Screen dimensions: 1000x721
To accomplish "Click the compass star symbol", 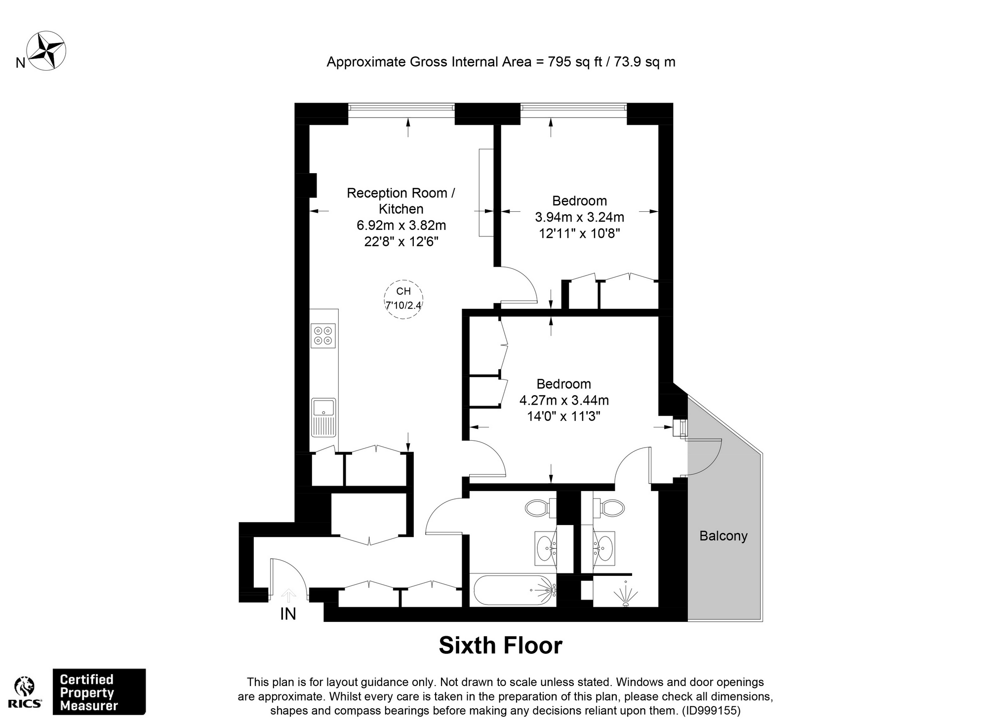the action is click(46, 51).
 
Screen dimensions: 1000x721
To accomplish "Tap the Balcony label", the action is click(723, 536).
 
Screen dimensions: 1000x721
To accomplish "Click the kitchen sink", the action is click(324, 417).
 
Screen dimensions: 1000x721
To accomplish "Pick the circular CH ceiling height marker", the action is click(403, 299).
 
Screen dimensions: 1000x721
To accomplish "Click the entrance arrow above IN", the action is click(288, 595).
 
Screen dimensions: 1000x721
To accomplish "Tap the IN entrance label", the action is click(288, 613).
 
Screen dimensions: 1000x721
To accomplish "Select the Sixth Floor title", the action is click(500, 645).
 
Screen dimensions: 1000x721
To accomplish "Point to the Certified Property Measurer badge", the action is click(99, 692).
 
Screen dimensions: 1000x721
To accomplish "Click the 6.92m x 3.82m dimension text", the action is click(401, 226).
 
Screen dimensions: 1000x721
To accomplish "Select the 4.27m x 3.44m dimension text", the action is click(564, 400).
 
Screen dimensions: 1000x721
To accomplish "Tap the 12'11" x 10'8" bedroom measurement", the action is click(579, 233).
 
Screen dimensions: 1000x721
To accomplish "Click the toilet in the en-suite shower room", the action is click(609, 507).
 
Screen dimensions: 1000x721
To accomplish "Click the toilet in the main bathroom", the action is click(541, 507).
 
